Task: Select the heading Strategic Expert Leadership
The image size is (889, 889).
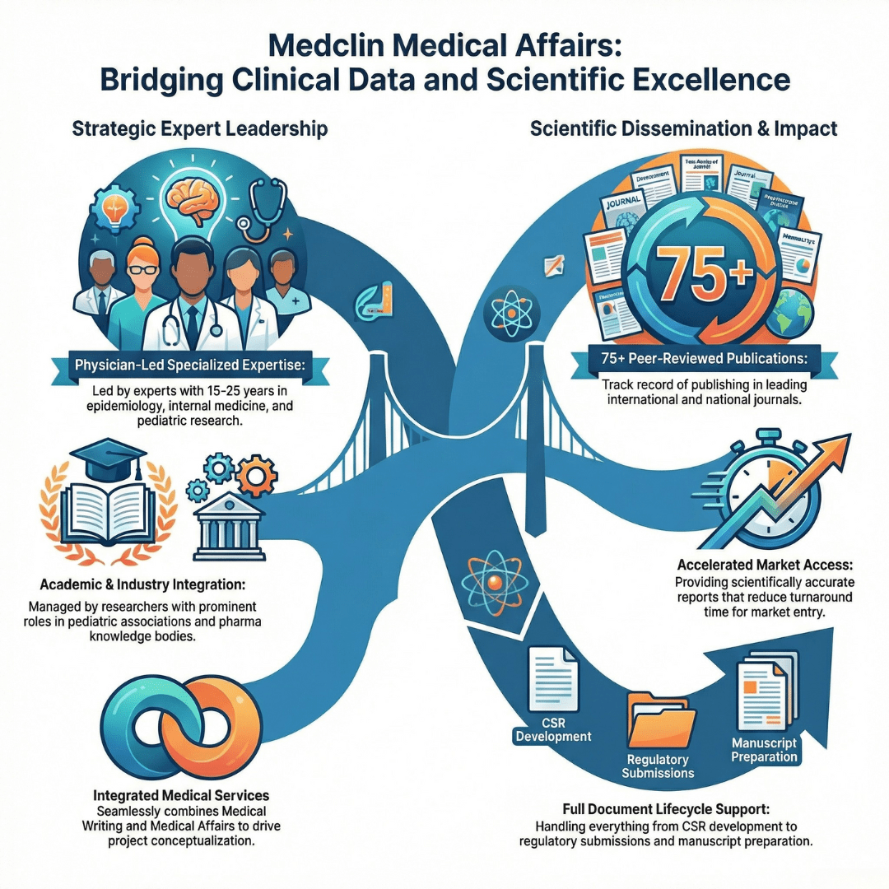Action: (x=199, y=129)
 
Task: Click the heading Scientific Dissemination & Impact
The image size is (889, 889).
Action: (x=683, y=129)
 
